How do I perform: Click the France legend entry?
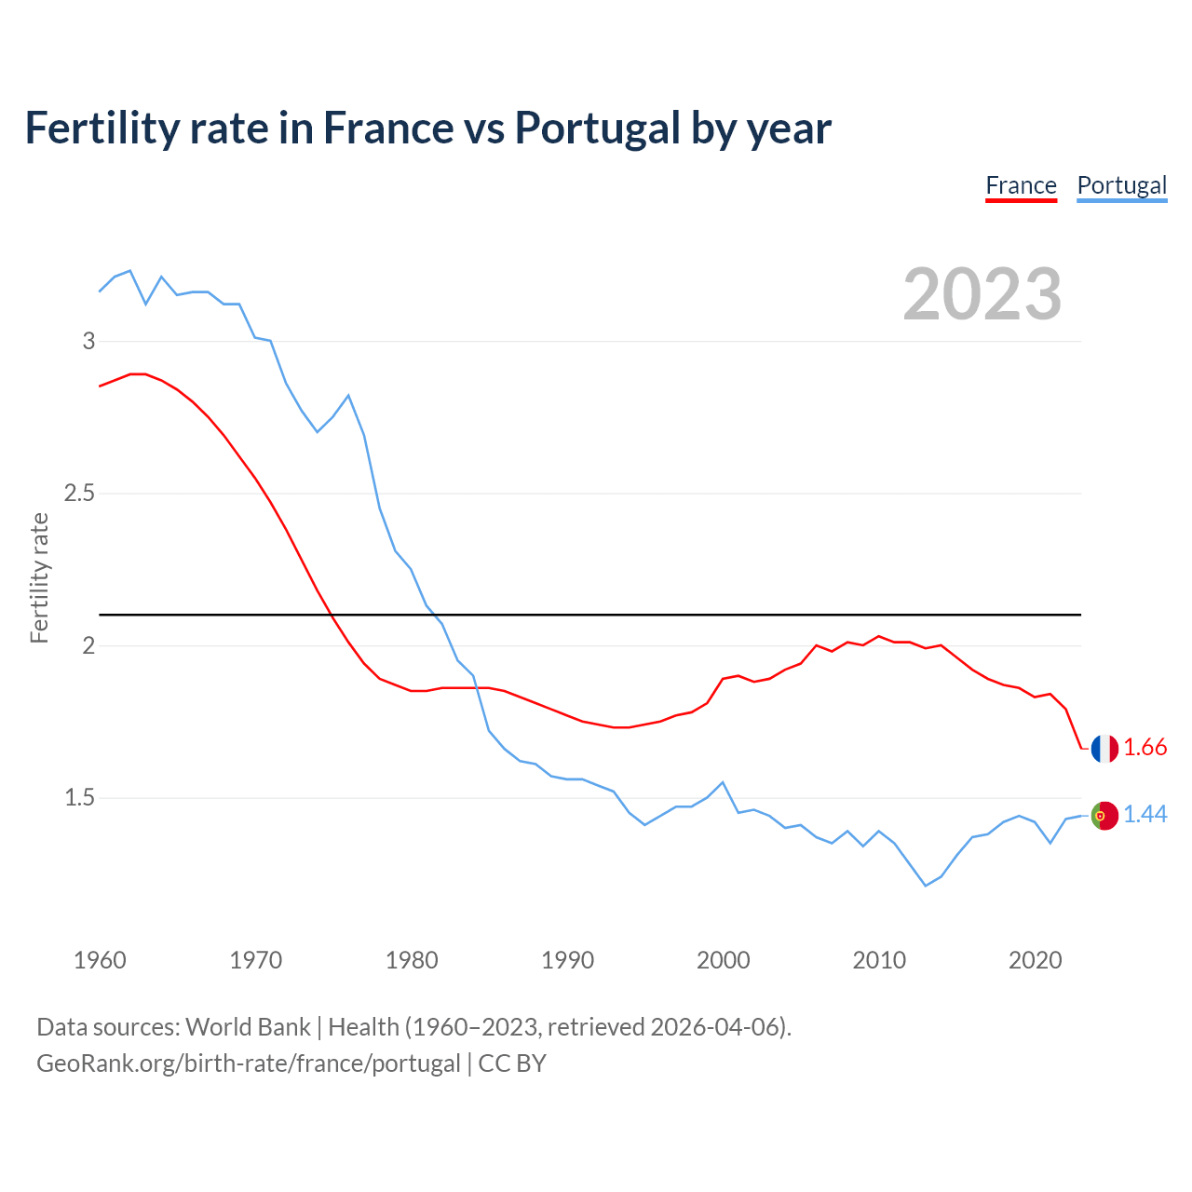[1021, 185]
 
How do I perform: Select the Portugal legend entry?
[1121, 185]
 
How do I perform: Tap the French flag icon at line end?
[1104, 748]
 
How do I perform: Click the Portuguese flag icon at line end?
[1104, 815]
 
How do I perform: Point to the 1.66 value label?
[1145, 748]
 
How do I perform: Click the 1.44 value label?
[1145, 815]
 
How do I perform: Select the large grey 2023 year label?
[982, 294]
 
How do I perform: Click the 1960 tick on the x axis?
[100, 960]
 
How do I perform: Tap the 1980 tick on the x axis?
[412, 960]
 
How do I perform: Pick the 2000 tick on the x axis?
[723, 960]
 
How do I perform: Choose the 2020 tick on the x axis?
[1035, 960]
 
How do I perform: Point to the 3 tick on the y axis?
[89, 341]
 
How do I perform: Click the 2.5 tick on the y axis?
[80, 493]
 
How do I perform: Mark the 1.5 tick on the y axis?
[80, 798]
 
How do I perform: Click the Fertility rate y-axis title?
[39, 577]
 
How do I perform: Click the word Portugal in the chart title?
[598, 129]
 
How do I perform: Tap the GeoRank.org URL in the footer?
[248, 1063]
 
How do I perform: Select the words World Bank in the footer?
[248, 1027]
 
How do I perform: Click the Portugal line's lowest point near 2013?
[926, 886]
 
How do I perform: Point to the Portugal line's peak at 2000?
[723, 782]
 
